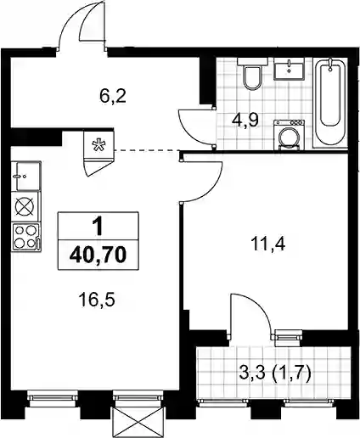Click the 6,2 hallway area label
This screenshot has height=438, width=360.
(113, 96)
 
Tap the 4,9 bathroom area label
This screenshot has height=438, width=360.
(245, 121)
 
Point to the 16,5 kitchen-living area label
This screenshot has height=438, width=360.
(97, 300)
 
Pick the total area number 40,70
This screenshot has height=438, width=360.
(98, 255)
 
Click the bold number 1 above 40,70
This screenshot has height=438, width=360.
(98, 227)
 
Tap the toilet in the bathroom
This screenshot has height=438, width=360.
(252, 74)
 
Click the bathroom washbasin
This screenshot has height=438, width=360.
(289, 68)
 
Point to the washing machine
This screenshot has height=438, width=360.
(289, 135)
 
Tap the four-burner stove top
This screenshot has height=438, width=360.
(26, 237)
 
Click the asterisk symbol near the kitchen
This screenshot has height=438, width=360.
(99, 145)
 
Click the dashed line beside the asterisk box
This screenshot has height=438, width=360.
(147, 150)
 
